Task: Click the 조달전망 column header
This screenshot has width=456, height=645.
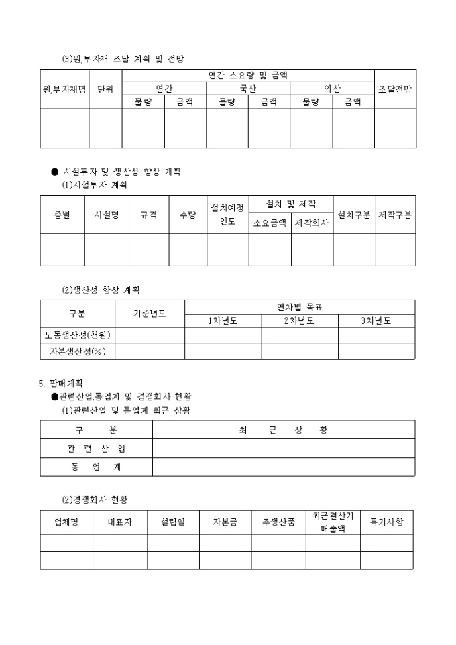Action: pyautogui.click(x=395, y=89)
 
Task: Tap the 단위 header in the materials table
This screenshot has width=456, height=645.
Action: pyautogui.click(x=105, y=89)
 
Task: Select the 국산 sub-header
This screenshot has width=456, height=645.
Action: pyautogui.click(x=248, y=89)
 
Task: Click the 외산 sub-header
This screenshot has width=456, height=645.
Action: pyautogui.click(x=332, y=89)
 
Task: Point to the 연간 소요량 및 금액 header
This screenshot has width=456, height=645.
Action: pyautogui.click(x=248, y=76)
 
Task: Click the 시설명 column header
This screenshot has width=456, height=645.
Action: pyautogui.click(x=107, y=215)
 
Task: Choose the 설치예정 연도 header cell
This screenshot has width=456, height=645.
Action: pyautogui.click(x=227, y=215)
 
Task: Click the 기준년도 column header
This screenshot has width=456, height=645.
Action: pyautogui.click(x=150, y=314)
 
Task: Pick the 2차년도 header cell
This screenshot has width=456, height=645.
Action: pyautogui.click(x=299, y=320)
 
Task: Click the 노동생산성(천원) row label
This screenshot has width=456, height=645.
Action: pyautogui.click(x=78, y=335)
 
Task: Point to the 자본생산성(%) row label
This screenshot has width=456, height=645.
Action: pyautogui.click(x=78, y=351)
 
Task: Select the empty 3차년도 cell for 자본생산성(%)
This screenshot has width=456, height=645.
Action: pyautogui.click(x=376, y=351)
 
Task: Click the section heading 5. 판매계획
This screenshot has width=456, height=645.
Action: pyautogui.click(x=61, y=384)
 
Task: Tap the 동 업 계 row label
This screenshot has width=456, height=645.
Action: pyautogui.click(x=96, y=467)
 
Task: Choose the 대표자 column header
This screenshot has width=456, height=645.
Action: pyautogui.click(x=120, y=522)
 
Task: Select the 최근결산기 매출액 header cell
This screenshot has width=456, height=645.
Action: pyautogui.click(x=333, y=522)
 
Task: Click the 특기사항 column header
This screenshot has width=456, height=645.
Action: pyautogui.click(x=387, y=522)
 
